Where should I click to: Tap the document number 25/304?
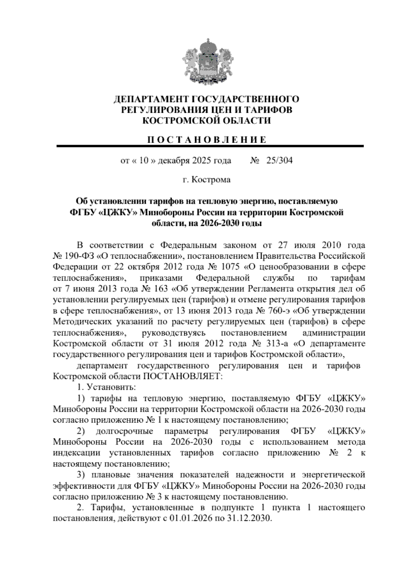point(279,161)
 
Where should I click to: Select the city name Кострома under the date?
point(211,180)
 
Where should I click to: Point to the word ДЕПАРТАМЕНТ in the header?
point(151,99)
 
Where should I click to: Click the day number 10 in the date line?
point(143,161)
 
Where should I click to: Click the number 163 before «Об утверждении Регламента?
point(161,289)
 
